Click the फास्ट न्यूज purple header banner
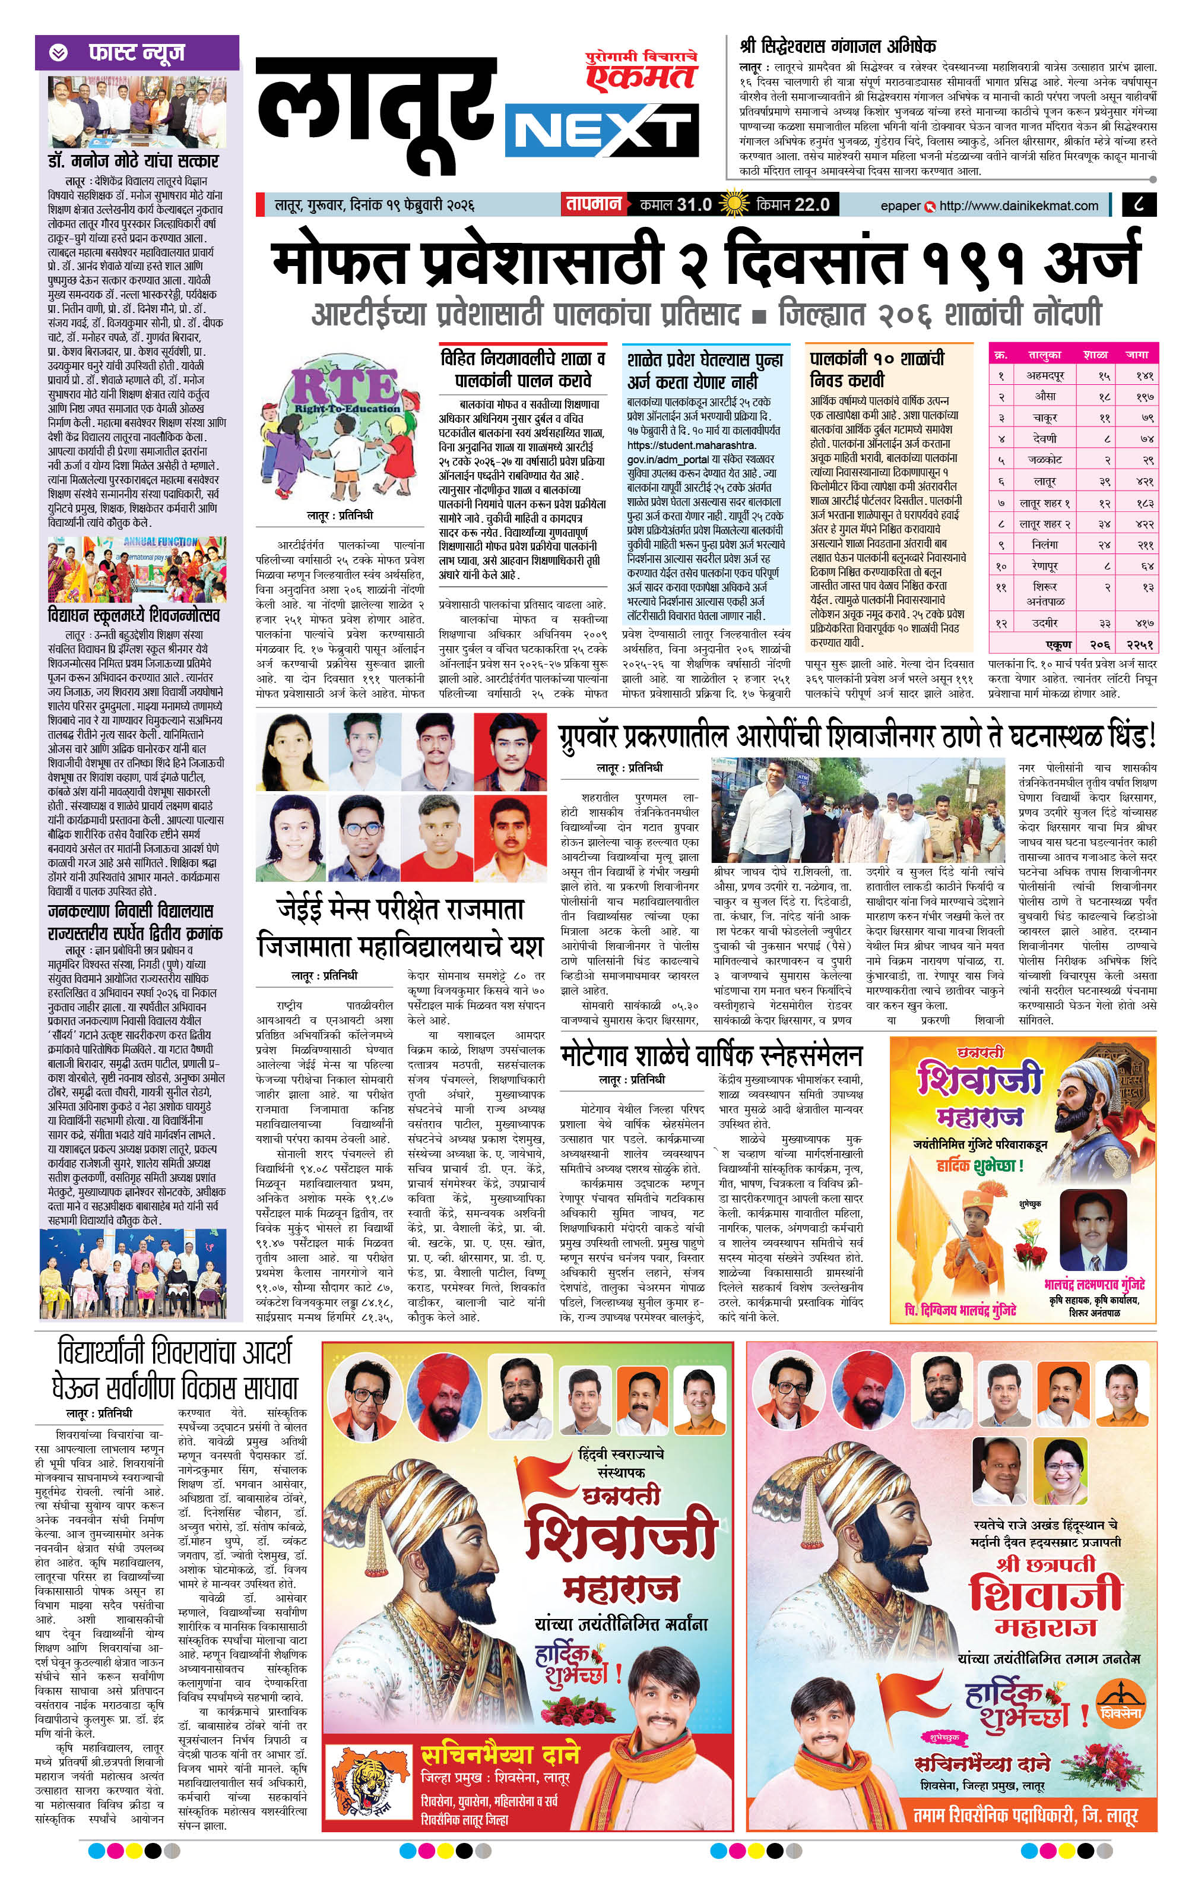tap(137, 53)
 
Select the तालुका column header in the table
tap(1044, 355)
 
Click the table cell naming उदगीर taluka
tap(1044, 622)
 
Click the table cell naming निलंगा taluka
tap(1044, 544)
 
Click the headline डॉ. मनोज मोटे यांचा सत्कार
tap(132, 161)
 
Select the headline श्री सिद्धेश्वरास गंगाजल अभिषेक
tap(838, 46)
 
